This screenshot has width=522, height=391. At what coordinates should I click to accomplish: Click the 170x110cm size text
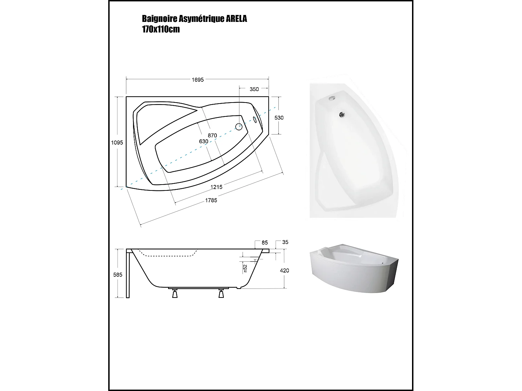tap(161, 29)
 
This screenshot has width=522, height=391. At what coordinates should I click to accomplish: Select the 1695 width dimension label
tap(197, 80)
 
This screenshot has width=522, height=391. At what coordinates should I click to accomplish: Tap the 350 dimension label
tap(254, 89)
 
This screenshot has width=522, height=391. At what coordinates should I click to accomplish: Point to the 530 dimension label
tap(279, 118)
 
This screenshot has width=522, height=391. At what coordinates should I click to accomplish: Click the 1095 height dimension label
tap(117, 142)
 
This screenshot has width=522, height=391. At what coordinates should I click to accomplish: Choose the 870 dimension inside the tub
tap(212, 136)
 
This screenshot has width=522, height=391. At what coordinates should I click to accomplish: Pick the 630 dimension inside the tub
tap(204, 141)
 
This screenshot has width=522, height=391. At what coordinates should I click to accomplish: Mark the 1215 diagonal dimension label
tap(216, 187)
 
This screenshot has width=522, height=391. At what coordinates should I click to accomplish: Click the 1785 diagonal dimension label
tap(211, 200)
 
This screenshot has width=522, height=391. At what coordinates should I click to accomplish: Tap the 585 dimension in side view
tap(118, 275)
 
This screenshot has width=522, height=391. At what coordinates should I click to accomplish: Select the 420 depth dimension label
tap(284, 270)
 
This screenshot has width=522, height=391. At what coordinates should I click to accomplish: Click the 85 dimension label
tap(265, 242)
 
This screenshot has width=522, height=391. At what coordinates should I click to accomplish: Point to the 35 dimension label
tap(285, 242)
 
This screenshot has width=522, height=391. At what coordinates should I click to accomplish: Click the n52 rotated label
tap(245, 268)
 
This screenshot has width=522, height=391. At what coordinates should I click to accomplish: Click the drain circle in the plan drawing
tap(239, 127)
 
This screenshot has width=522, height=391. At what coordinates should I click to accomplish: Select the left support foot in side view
tap(175, 294)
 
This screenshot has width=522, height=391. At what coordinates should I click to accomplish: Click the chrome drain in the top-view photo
tap(342, 114)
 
